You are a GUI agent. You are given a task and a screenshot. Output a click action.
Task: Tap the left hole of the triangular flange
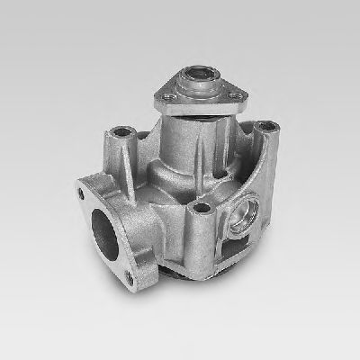coord(168,93)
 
